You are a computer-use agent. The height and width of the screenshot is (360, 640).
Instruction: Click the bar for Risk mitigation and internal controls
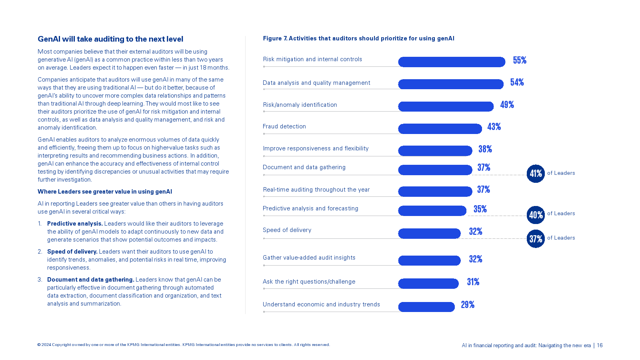(x=452, y=62)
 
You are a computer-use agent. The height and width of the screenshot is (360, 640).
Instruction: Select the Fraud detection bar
(x=440, y=128)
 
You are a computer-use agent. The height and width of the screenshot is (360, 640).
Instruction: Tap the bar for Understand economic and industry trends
(x=426, y=307)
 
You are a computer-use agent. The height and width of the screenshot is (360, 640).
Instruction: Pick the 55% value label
(x=520, y=60)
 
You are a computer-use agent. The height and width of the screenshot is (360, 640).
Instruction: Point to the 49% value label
(x=507, y=105)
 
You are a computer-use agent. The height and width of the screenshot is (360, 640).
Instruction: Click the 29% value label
(x=468, y=305)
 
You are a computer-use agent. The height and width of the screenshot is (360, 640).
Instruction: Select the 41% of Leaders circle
(x=536, y=174)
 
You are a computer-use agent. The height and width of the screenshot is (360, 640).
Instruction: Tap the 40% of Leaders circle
(x=536, y=215)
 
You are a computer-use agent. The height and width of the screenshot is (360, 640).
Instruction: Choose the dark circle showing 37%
(x=536, y=239)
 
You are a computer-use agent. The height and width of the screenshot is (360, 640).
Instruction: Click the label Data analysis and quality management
(x=316, y=83)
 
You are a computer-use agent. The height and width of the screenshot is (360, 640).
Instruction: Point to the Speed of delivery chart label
(x=287, y=230)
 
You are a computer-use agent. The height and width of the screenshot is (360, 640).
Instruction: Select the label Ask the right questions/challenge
(x=309, y=282)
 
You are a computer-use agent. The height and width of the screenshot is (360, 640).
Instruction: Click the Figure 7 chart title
(x=358, y=38)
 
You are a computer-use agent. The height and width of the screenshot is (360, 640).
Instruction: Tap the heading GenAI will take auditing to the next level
(x=110, y=39)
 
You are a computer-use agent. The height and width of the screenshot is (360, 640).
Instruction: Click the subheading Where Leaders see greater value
(x=105, y=192)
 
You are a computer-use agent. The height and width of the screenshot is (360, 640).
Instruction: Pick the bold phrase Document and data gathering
(x=90, y=280)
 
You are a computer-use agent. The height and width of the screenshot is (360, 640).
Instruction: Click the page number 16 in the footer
(x=600, y=345)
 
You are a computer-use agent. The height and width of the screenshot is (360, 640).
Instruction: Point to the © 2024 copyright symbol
(x=39, y=345)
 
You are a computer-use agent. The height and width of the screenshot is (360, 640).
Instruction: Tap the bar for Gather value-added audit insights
(x=429, y=260)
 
